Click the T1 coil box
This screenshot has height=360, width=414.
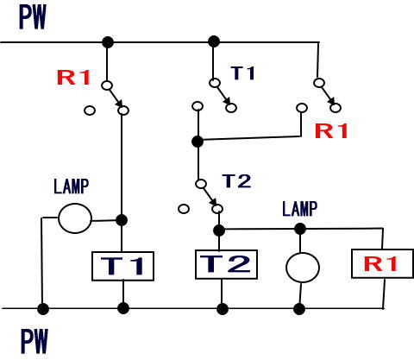tap(122, 266)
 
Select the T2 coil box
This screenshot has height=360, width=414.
tap(226, 264)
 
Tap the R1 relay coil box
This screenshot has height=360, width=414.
tap(382, 263)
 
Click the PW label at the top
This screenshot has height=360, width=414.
tap(33, 17)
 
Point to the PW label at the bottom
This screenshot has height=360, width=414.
tap(34, 341)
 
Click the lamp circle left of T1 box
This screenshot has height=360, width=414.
tap(75, 218)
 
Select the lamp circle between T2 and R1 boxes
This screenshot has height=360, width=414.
tap(303, 268)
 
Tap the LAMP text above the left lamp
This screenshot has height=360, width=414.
tap(72, 186)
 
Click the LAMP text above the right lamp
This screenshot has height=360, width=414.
tap(300, 209)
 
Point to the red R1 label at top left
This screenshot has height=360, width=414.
tap(74, 78)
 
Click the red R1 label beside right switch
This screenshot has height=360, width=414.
tap(331, 131)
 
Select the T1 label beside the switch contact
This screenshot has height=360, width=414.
tap(243, 73)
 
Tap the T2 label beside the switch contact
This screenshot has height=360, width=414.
tap(237, 181)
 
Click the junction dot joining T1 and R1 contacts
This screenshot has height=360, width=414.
tap(198, 142)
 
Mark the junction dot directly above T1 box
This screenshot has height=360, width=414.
tap(122, 220)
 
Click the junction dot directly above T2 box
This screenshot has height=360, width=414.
tap(219, 231)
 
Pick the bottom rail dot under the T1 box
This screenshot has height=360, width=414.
tap(123, 308)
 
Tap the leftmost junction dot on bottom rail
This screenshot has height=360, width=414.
tap(43, 309)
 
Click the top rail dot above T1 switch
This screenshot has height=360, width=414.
tap(214, 41)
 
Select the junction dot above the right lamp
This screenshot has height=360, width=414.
tap(300, 229)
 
